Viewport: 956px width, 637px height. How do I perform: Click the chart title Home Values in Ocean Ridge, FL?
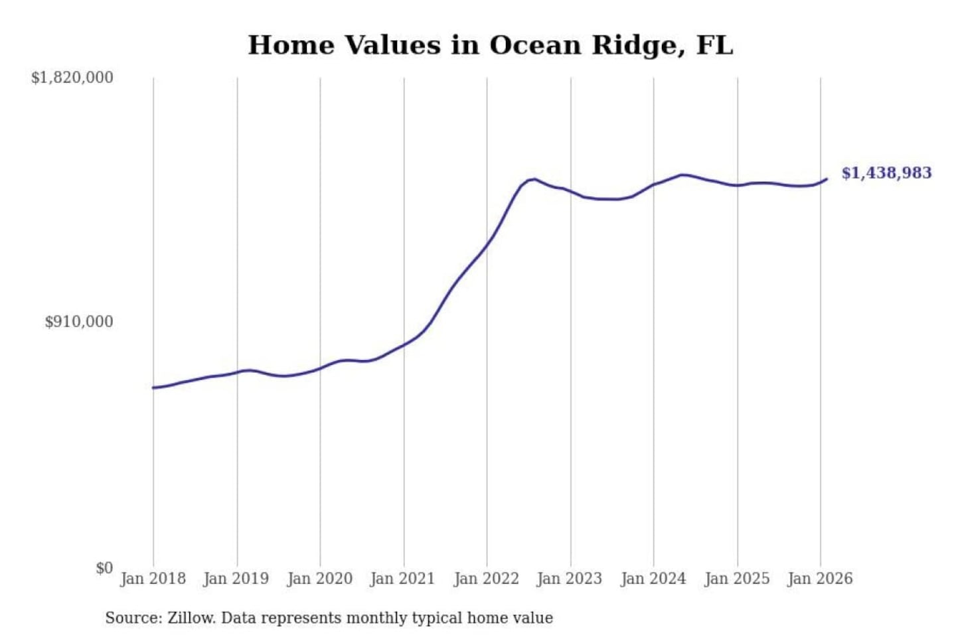490,45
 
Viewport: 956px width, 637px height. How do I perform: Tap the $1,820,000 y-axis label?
72,78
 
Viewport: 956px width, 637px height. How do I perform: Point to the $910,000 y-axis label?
79,322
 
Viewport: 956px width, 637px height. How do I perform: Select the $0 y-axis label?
104,568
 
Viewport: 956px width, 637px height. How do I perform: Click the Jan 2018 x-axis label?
153,579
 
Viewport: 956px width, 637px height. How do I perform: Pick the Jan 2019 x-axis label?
236,579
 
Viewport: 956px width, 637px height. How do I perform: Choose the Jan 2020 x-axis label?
319,579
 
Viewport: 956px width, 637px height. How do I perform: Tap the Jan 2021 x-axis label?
402,579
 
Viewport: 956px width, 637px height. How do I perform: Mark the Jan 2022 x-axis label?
486,579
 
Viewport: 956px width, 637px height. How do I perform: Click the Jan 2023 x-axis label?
569,579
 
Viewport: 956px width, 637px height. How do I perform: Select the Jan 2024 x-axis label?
653,579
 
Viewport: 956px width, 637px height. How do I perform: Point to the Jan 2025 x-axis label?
736,579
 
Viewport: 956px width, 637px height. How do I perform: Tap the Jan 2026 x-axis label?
819,579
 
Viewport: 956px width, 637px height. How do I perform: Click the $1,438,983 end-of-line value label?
886,173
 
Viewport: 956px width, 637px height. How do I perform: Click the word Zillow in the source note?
191,618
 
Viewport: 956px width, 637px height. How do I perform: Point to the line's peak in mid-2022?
534,179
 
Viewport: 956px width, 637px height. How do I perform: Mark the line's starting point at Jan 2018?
153,388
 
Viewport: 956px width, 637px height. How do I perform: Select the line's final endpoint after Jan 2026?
827,178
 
